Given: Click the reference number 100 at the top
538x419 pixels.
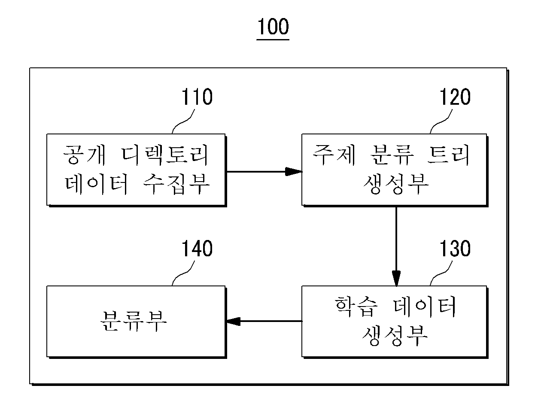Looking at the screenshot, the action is coord(273,26).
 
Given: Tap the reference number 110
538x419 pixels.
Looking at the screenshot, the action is coord(197,97).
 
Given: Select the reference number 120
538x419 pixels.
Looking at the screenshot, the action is coord(455,97).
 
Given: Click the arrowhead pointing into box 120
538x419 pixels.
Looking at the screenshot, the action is coord(294,172).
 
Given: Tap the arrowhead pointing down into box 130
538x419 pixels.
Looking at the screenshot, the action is coord(396,278).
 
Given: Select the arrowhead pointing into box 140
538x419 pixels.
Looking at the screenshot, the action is coord(233,321).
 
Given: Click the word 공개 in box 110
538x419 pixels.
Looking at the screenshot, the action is coord(85,155).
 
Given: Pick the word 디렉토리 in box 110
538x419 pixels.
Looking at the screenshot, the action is coord(164,155).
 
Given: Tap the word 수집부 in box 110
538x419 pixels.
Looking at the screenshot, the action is coord(176,184).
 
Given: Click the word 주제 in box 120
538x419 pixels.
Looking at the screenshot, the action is coord(334,155).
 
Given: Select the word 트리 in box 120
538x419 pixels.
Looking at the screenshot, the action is coord(448,155).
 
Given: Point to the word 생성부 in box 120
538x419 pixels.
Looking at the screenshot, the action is coord(395,184).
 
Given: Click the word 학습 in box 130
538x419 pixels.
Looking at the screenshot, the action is coord(356,307).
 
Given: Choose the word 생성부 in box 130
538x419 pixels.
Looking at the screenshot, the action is coord(395,335).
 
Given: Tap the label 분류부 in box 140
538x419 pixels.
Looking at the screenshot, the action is coord(134,321).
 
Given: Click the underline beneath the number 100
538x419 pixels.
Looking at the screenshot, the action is coord(273,39).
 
